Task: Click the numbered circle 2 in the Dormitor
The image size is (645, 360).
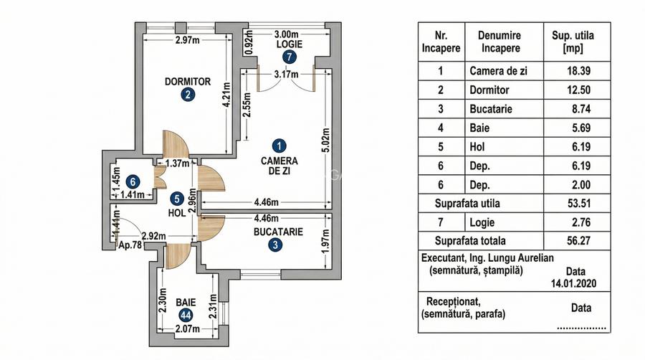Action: [x=187, y=95]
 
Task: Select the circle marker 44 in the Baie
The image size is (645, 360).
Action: [x=186, y=315]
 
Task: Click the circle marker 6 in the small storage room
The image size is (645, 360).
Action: [x=133, y=181]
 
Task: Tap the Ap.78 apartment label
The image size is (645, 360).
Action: [x=130, y=245]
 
